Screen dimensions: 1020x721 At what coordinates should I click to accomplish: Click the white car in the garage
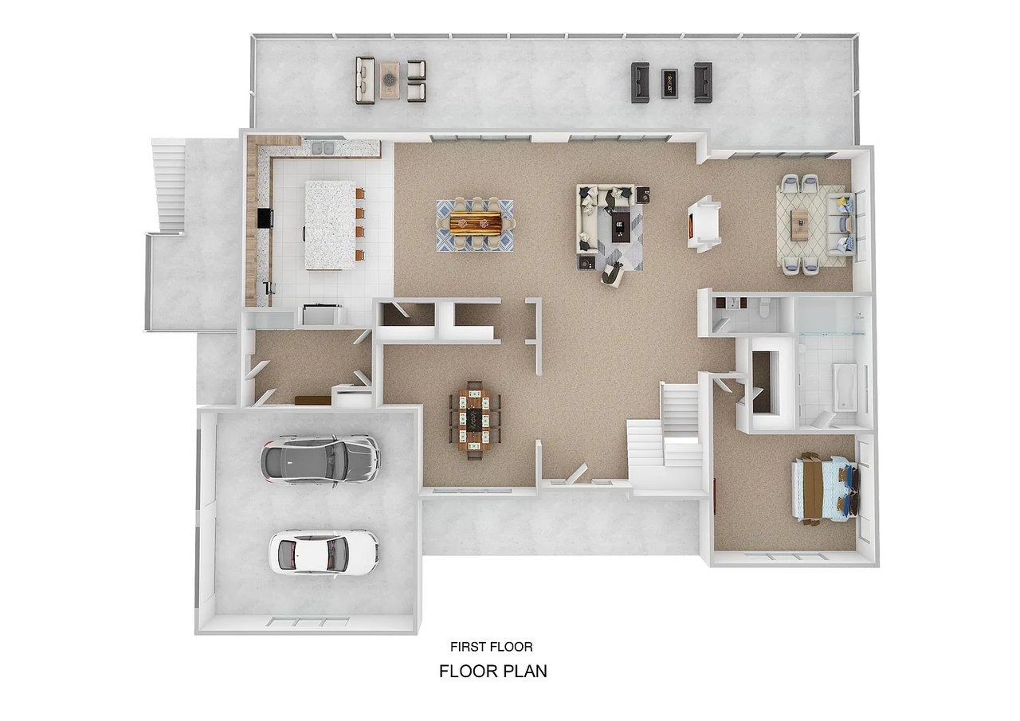point(324,552)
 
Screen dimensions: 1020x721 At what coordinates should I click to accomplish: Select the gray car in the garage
point(320,460)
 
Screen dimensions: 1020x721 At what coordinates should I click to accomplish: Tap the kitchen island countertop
point(330,225)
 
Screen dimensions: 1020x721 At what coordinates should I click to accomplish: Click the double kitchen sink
point(324,148)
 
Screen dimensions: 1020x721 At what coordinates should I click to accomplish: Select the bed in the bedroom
point(825,489)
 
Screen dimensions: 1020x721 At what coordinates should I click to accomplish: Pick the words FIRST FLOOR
point(492,647)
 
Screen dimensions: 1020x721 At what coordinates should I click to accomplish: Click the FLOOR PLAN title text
point(493,672)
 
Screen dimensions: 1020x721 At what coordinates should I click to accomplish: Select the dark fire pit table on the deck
point(669,84)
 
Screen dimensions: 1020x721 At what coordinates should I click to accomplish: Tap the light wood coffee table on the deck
point(390,80)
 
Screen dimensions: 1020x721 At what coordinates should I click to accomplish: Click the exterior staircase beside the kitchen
point(169,186)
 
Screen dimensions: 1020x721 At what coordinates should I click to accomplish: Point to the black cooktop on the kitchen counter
point(265,217)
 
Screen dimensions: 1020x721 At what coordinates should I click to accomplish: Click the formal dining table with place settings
point(474,420)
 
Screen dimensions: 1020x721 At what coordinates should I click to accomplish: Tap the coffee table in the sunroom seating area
point(799,225)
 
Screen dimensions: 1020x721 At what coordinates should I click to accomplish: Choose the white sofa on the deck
point(365,80)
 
